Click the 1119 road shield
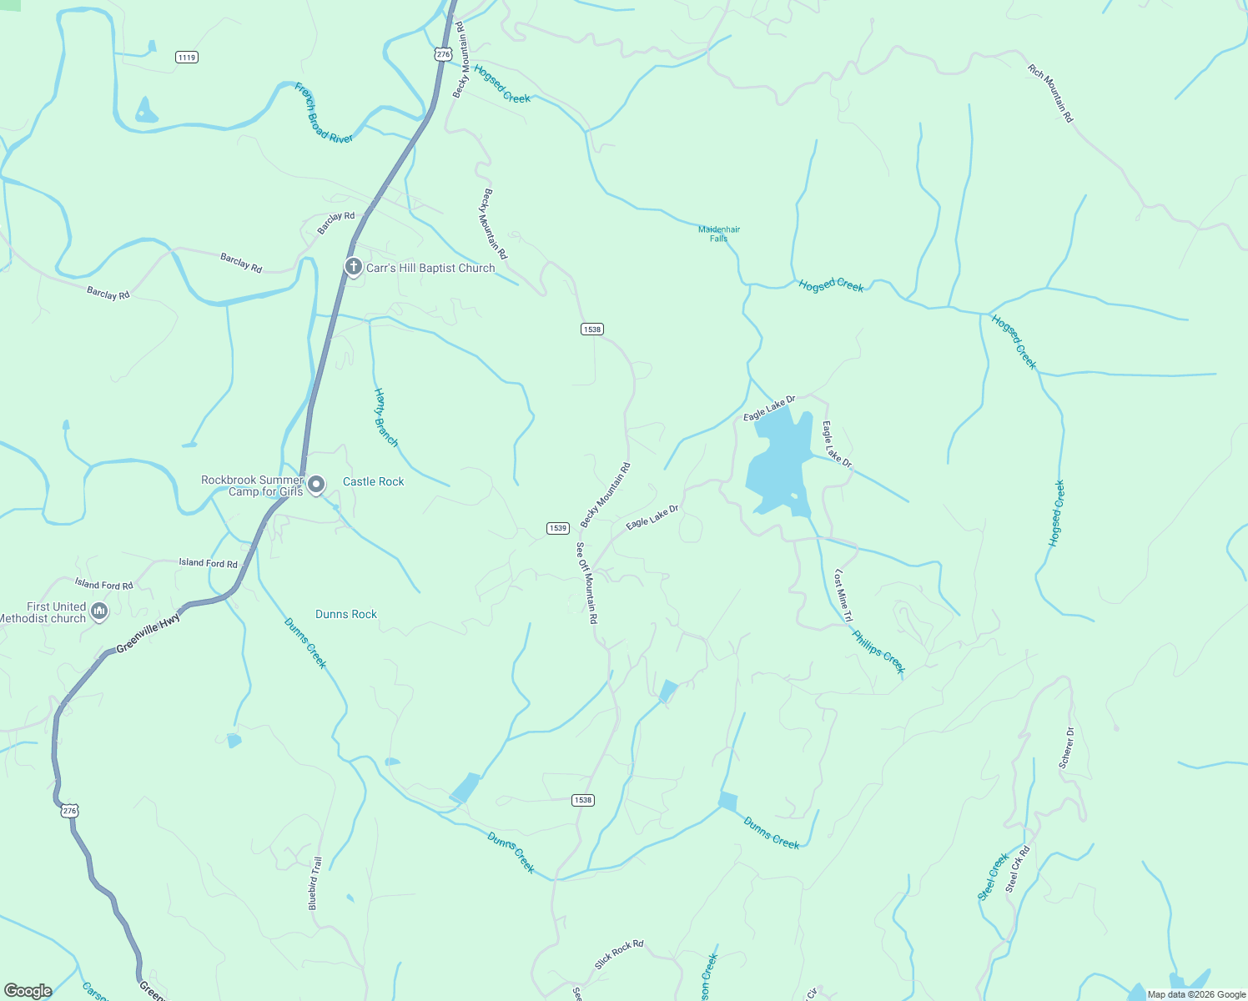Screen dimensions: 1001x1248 click(187, 57)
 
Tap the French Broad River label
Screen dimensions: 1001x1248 click(324, 113)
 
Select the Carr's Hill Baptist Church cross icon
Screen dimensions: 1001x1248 click(354, 267)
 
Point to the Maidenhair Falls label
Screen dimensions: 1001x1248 click(719, 234)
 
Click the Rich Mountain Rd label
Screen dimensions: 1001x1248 click(1050, 93)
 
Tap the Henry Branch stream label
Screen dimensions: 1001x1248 click(385, 417)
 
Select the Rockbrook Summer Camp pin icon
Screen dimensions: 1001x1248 click(316, 484)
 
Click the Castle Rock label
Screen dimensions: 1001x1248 click(373, 481)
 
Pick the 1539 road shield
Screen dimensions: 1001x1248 click(558, 528)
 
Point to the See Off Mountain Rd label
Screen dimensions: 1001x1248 click(587, 583)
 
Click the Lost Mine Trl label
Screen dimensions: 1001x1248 click(843, 596)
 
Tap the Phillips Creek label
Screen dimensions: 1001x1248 click(878, 651)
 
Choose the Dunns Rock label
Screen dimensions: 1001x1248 click(346, 614)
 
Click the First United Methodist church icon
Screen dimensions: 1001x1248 click(99, 611)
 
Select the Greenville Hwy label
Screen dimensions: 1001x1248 click(148, 633)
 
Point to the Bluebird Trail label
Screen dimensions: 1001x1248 click(315, 883)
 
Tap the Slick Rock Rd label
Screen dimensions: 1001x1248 click(619, 954)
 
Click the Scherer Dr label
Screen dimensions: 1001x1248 click(1066, 747)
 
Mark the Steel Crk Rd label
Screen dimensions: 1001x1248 click(1018, 869)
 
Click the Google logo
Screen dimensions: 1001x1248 click(28, 990)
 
